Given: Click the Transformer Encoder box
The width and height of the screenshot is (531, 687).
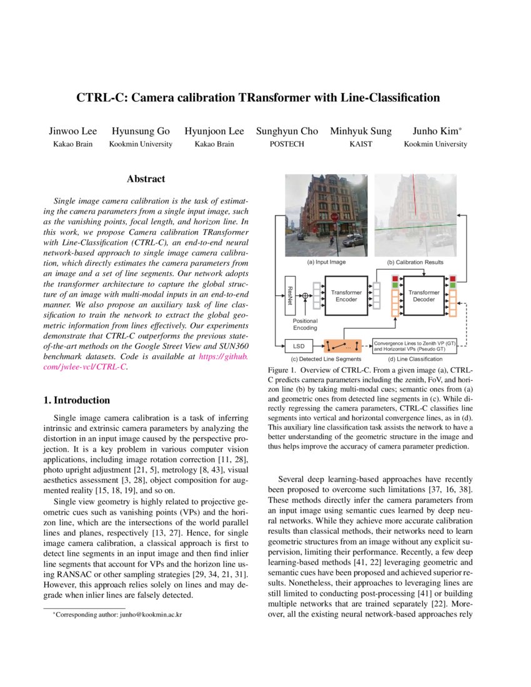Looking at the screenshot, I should click(346, 295).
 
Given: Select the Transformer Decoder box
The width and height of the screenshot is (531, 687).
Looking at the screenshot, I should click(424, 295).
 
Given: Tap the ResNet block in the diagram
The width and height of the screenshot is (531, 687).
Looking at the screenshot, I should click(289, 295).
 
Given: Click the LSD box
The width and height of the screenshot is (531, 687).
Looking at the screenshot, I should click(298, 345).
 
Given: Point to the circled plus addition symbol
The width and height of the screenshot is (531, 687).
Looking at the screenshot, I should click(305, 295).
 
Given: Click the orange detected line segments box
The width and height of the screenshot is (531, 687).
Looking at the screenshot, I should click(342, 345).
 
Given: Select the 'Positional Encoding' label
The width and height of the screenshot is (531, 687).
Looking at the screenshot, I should click(305, 324).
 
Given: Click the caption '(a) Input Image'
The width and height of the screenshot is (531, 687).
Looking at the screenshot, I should click(326, 262).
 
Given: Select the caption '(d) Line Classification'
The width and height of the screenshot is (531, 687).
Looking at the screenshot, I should click(415, 358).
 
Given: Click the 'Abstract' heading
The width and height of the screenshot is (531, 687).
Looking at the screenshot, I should click(146, 179).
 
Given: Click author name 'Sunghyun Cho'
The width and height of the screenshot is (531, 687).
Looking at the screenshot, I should click(287, 131).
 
